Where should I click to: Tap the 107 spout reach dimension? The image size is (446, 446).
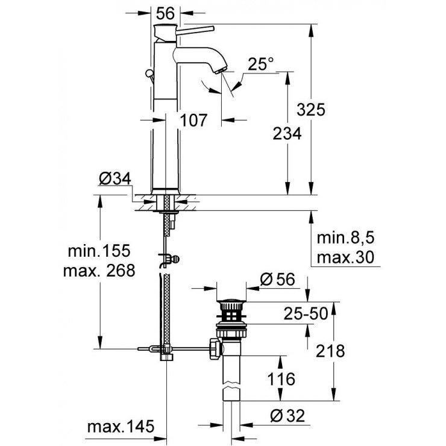pyautogui.click(x=195, y=121)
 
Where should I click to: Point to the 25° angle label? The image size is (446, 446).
pyautogui.click(x=260, y=64)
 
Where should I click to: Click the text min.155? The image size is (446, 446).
pyautogui.click(x=98, y=250)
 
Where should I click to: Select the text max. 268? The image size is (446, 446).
pyautogui.click(x=98, y=271)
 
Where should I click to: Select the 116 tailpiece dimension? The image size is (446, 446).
pyautogui.click(x=281, y=379)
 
